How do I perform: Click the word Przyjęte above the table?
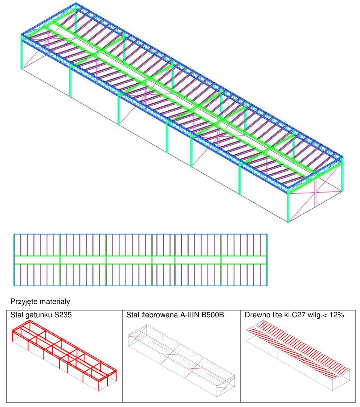coord(24,301)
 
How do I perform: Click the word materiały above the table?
coord(54,301)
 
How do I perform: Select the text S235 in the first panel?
coord(63,315)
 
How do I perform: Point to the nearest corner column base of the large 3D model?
coord(288,222)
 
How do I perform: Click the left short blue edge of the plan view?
coord(14,260)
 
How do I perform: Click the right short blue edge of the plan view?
coord(267,260)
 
